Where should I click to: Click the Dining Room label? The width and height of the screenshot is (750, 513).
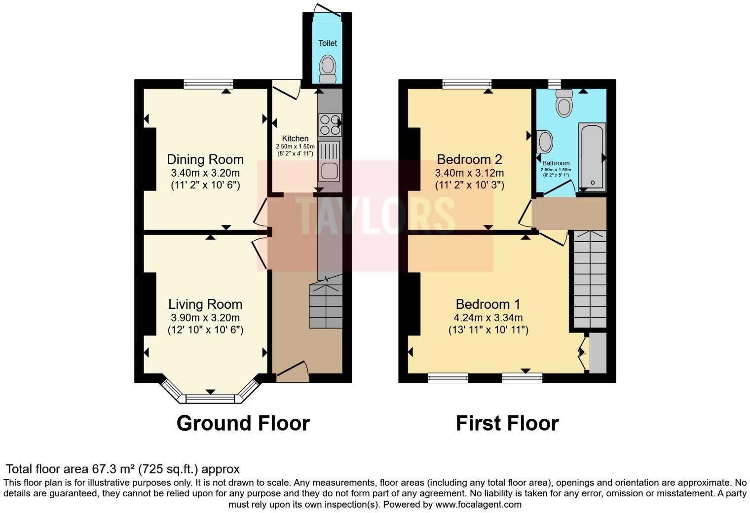coord(205,159)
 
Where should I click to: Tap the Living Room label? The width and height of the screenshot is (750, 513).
coord(205,304)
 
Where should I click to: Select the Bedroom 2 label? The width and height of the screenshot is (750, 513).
coord(469,159)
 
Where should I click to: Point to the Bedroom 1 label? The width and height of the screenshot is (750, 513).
coord(487,304)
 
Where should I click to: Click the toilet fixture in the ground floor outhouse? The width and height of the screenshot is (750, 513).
coord(328,69)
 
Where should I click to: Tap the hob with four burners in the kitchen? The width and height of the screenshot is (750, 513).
coord(330,124)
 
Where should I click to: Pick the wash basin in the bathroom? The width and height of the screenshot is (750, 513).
coord(545,142)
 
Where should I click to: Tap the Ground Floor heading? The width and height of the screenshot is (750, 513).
coord(243,423)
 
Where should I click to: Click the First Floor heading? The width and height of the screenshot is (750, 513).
coord(507,423)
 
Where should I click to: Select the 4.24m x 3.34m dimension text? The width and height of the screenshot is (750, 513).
coord(488,318)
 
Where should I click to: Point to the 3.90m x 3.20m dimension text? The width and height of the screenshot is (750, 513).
coord(205,318)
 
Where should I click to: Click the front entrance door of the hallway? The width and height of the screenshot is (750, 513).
coord(293,371)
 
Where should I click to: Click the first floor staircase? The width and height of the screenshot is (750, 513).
coord(589,279)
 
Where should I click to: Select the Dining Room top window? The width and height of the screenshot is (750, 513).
coord(208,84)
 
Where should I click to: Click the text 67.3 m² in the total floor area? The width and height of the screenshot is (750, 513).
coord(114,469)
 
